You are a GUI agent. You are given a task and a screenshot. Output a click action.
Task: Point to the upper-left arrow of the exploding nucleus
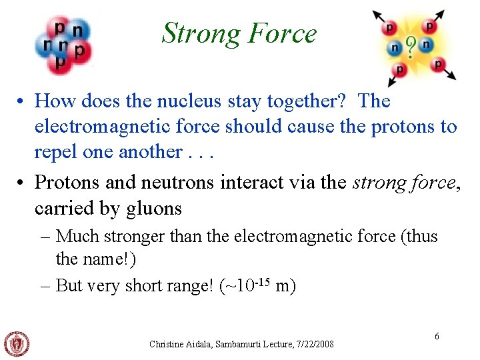379,16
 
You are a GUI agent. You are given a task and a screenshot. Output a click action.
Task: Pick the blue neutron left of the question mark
396,48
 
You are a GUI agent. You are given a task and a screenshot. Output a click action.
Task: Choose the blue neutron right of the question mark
427,44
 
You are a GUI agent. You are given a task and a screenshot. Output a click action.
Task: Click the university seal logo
17,343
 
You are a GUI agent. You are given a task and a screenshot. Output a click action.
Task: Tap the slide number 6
437,337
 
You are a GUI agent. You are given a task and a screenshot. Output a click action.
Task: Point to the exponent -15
263,281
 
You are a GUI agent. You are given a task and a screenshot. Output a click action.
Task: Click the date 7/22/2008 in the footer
313,344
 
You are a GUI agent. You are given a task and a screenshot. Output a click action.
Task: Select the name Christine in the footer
167,344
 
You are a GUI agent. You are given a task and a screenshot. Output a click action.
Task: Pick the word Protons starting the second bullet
64,182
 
